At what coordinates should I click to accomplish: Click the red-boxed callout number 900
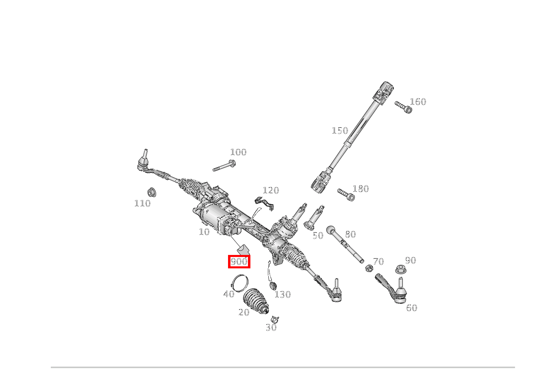[x=239, y=261]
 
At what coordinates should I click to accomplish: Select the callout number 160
[x=418, y=102]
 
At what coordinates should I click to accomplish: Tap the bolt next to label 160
[x=403, y=107]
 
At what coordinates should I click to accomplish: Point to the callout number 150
[x=340, y=131]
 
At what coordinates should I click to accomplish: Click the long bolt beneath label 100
[x=224, y=165]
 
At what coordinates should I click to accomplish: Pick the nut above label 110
[x=152, y=192]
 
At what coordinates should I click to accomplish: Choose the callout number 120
[x=271, y=190]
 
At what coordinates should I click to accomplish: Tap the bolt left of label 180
[x=346, y=195]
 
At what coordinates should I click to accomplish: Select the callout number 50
[x=318, y=235]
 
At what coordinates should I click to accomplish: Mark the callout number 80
[x=350, y=234]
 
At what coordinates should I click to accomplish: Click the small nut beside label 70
[x=369, y=268]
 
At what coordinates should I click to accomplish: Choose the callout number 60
[x=411, y=308]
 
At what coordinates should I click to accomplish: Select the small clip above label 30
[x=275, y=319]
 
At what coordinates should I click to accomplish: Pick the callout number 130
[x=283, y=294]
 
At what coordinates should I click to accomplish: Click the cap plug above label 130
[x=273, y=285]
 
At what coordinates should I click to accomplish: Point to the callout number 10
[x=204, y=232]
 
